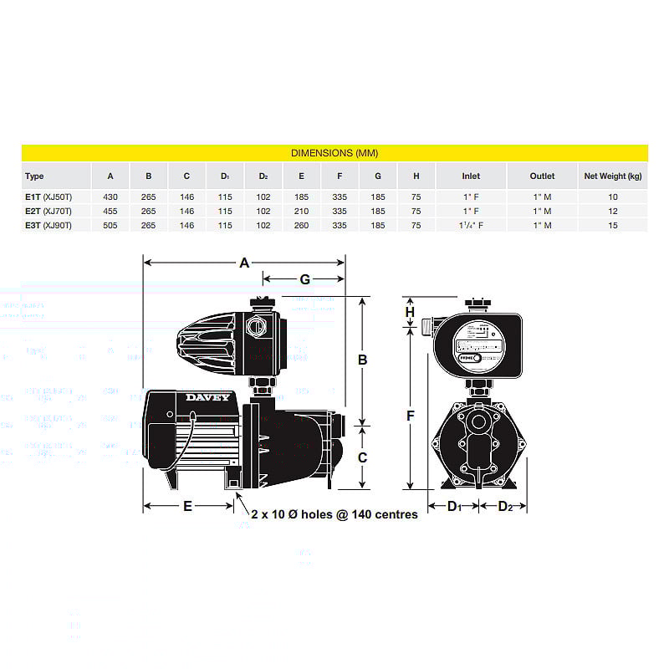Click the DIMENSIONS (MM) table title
tap(334, 153)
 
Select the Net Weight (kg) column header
tap(612, 176)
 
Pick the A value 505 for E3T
tap(110, 225)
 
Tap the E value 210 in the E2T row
tap(301, 211)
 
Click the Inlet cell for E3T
tap(471, 225)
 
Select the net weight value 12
tap(612, 211)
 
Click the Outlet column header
tap(542, 176)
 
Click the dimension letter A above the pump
tap(244, 263)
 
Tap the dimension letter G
tap(304, 278)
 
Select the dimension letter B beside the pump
tap(363, 360)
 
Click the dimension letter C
tap(363, 457)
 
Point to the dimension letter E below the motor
tap(187, 506)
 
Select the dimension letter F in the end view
tap(411, 414)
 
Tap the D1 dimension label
tap(454, 506)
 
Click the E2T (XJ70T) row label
tap(49, 211)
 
